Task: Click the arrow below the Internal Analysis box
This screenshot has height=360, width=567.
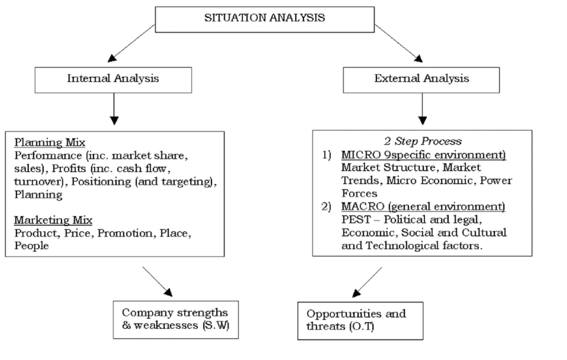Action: click(x=114, y=109)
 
